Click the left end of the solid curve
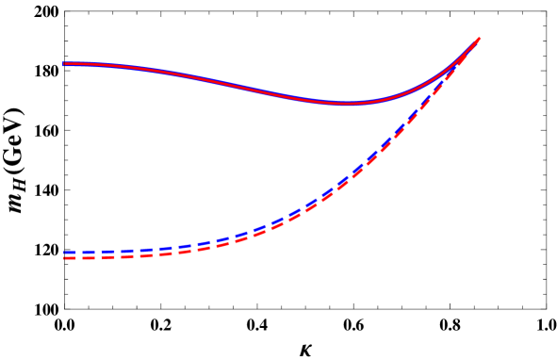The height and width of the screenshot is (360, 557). (64, 64)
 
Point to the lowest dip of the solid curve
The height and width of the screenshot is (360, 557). (347, 104)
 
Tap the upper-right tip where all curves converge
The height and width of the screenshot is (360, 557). (480, 39)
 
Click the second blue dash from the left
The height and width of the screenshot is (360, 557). (103, 252)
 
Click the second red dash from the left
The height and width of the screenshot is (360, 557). (103, 256)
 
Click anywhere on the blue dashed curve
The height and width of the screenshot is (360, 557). (283, 218)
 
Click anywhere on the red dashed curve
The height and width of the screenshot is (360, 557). (283, 223)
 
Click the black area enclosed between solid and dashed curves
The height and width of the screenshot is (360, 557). (236, 160)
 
